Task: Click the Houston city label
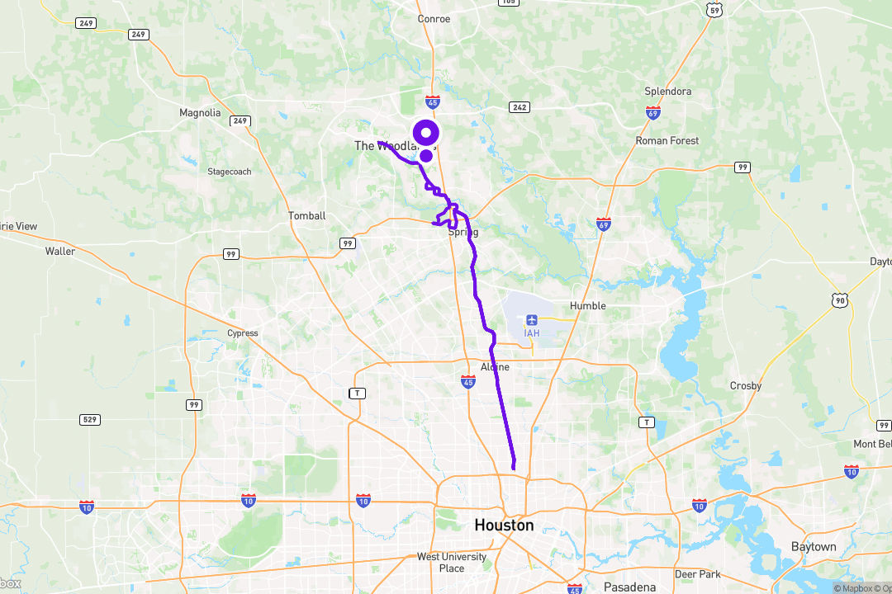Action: pyautogui.click(x=504, y=526)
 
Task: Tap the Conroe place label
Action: pyautogui.click(x=434, y=18)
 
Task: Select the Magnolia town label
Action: pyautogui.click(x=200, y=112)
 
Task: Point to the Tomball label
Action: pyautogui.click(x=306, y=215)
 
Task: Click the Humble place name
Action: pyautogui.click(x=588, y=305)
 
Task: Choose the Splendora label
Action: pyautogui.click(x=667, y=91)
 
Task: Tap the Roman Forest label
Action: pyautogui.click(x=667, y=140)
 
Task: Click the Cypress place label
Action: pyautogui.click(x=243, y=333)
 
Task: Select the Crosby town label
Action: pyautogui.click(x=746, y=385)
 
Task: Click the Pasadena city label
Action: pyautogui.click(x=629, y=587)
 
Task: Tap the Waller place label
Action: pyautogui.click(x=60, y=251)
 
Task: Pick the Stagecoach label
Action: pyautogui.click(x=230, y=172)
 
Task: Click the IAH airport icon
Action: pyautogui.click(x=531, y=319)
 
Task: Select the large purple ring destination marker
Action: pyautogui.click(x=426, y=132)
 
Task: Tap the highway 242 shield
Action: pyautogui.click(x=520, y=106)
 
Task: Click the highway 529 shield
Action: pyautogui.click(x=90, y=420)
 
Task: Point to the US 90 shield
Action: pyautogui.click(x=840, y=301)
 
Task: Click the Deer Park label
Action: pyautogui.click(x=698, y=573)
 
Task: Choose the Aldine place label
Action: pyautogui.click(x=495, y=366)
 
